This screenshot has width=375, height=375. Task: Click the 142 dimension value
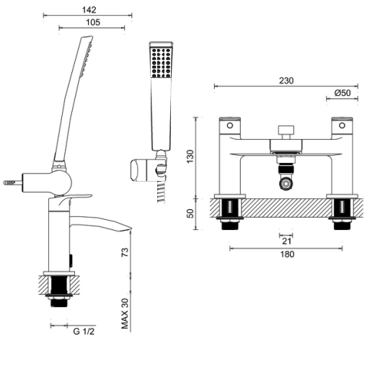pyautogui.click(x=89, y=9)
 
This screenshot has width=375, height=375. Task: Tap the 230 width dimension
pyautogui.click(x=286, y=81)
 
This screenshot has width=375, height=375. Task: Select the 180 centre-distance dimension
pyautogui.click(x=286, y=254)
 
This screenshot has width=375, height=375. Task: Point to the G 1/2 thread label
pyautogui.click(x=85, y=332)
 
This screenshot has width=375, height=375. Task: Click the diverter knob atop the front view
pyautogui.click(x=286, y=131)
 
